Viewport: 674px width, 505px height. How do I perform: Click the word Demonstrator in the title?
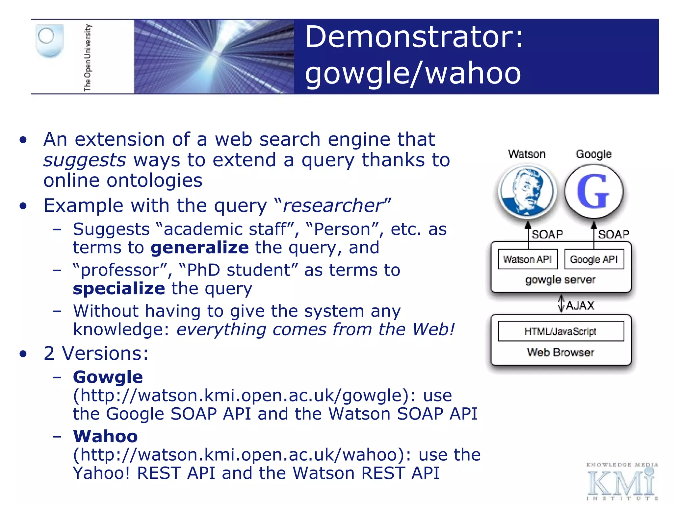click(413, 37)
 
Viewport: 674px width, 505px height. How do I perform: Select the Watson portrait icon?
click(527, 192)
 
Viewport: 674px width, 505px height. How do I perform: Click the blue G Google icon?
click(594, 192)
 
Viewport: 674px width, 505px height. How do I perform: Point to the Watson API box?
click(527, 259)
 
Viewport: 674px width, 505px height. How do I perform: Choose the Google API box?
click(594, 259)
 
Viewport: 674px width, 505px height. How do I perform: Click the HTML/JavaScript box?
click(560, 331)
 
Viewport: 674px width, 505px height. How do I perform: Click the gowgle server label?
click(560, 280)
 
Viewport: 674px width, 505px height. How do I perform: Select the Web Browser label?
click(560, 352)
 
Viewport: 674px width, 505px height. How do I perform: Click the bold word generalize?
click(200, 248)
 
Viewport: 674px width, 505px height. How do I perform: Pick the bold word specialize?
click(119, 289)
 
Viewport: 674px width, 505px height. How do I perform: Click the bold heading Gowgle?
click(108, 377)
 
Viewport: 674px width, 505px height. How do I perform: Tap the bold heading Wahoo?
click(105, 436)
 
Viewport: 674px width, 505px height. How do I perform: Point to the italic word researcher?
click(332, 206)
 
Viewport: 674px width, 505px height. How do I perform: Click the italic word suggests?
click(85, 160)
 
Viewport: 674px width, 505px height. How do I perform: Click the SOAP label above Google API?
click(613, 234)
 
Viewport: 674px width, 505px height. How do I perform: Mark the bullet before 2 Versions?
click(23, 354)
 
